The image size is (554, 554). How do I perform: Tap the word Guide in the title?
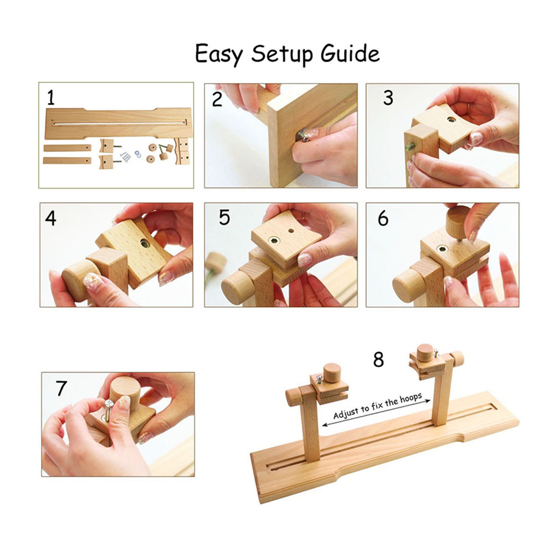(x=350, y=53)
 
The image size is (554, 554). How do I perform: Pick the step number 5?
(x=224, y=217)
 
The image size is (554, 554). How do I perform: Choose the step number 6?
(x=383, y=219)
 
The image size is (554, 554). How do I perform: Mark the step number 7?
(x=61, y=388)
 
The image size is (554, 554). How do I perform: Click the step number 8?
(x=378, y=360)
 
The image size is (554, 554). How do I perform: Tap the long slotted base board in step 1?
(x=119, y=123)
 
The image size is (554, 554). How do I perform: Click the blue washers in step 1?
(x=138, y=153)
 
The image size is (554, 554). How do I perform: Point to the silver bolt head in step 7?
(x=109, y=405)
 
